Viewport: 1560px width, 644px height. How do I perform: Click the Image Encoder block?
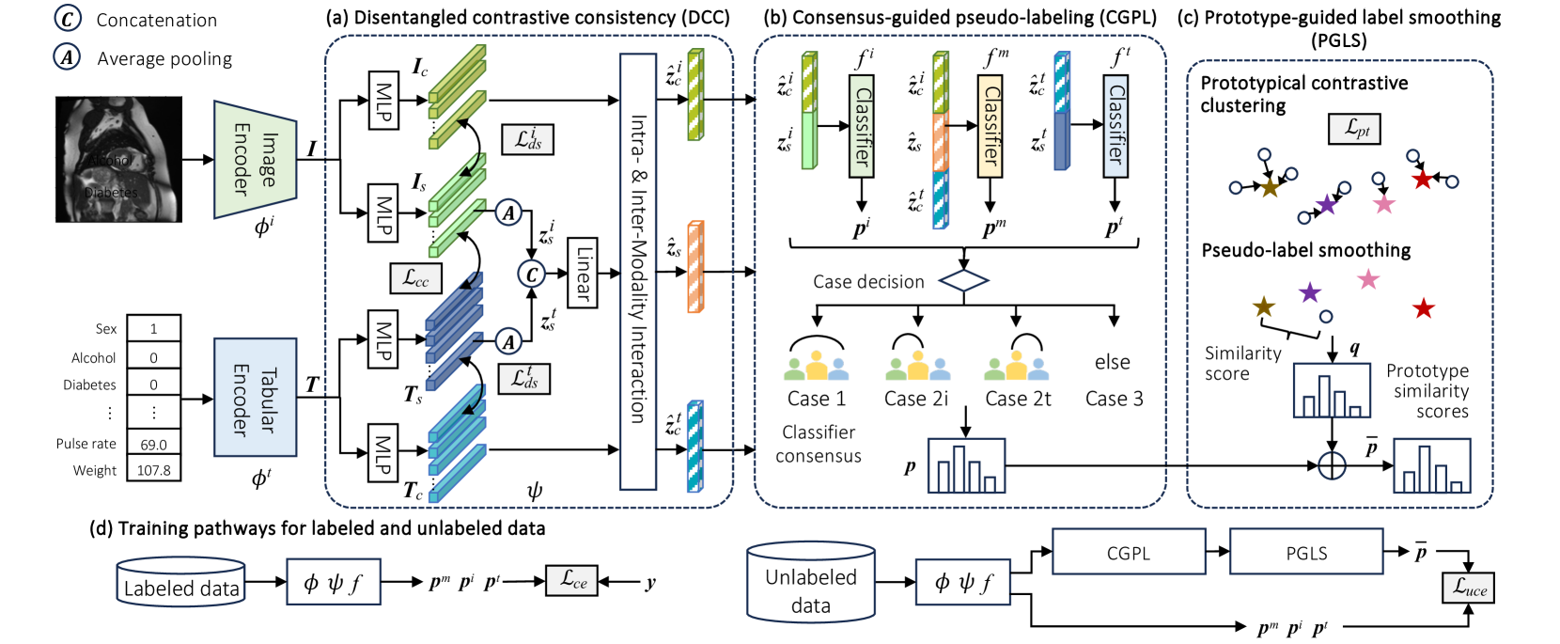pos(255,159)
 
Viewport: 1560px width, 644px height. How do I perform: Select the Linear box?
pos(583,273)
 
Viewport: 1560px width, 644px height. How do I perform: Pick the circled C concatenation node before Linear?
pos(532,274)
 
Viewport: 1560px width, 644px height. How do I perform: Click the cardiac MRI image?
pos(118,159)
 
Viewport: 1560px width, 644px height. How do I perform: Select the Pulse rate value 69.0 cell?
pos(153,444)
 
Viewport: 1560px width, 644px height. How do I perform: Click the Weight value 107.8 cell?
pos(153,470)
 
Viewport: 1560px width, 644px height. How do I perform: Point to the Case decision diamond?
pos(963,280)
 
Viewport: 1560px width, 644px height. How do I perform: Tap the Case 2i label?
pos(916,399)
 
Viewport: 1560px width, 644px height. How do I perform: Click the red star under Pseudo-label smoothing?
pos(1424,308)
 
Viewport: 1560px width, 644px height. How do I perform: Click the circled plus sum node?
pos(1332,465)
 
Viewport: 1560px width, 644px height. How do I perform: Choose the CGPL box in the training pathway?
pos(1129,552)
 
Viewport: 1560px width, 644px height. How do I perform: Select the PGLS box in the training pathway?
pos(1306,552)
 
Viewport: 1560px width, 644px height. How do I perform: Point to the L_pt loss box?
pos(1354,129)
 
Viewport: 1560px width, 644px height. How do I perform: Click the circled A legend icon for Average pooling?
pos(67,57)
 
